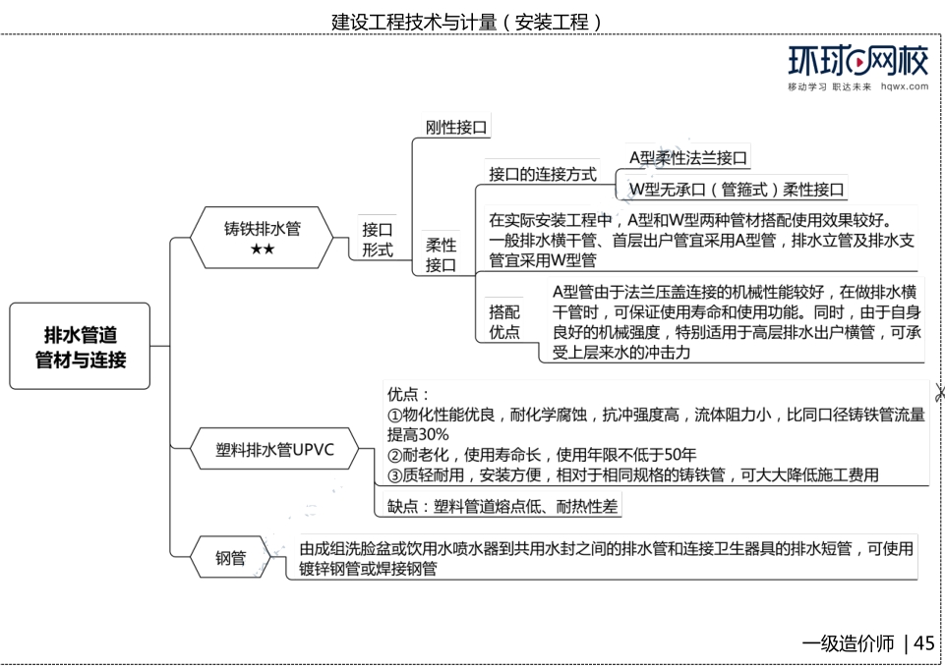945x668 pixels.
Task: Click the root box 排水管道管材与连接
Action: pos(80,346)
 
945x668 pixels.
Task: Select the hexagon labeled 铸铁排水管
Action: pos(262,237)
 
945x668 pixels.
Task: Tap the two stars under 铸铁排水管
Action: pos(263,249)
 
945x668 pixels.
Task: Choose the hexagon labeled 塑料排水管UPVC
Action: pos(274,448)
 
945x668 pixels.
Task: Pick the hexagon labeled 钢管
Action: pos(230,557)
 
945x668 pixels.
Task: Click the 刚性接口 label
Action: pos(456,127)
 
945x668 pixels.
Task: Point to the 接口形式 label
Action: pos(378,239)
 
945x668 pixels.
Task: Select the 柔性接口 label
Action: pos(441,254)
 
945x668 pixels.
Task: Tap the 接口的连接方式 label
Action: pos(543,174)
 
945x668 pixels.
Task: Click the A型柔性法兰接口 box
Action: pos(687,158)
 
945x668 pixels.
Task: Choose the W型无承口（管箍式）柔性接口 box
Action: pos(736,189)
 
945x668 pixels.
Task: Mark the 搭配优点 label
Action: pos(503,321)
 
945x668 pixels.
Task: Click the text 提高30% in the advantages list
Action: pos(418,434)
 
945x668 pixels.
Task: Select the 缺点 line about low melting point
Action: pos(502,506)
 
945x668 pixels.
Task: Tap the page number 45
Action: pos(924,643)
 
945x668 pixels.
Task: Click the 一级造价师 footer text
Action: pos(848,643)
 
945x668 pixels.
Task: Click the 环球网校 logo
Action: pos(858,61)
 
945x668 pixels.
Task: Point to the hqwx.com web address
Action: pos(905,86)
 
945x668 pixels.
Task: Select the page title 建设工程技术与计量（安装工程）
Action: pos(467,23)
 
